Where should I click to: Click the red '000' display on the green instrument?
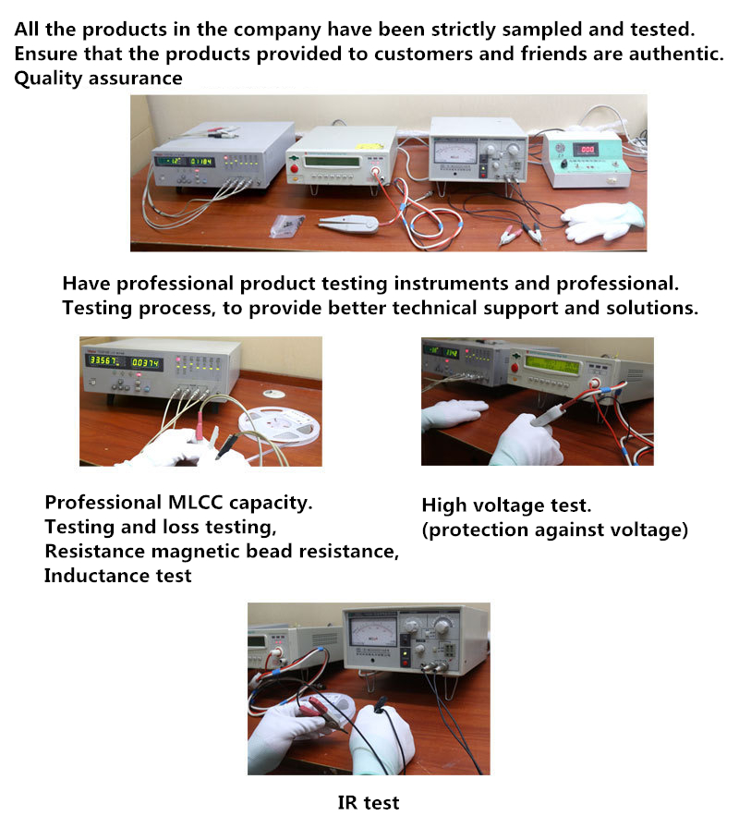pyautogui.click(x=588, y=150)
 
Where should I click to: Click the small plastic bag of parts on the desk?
pyautogui.click(x=287, y=225)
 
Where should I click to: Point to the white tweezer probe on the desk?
pyautogui.click(x=348, y=223)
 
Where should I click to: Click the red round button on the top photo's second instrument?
pyautogui.click(x=295, y=169)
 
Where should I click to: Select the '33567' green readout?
pyautogui.click(x=103, y=360)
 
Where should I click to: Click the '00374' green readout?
pyautogui.click(x=145, y=363)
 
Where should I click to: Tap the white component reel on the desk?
pyautogui.click(x=280, y=426)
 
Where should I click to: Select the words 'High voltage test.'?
pyautogui.click(x=506, y=505)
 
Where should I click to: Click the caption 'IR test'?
pyautogui.click(x=369, y=803)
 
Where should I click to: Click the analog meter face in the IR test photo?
pyautogui.click(x=373, y=633)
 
